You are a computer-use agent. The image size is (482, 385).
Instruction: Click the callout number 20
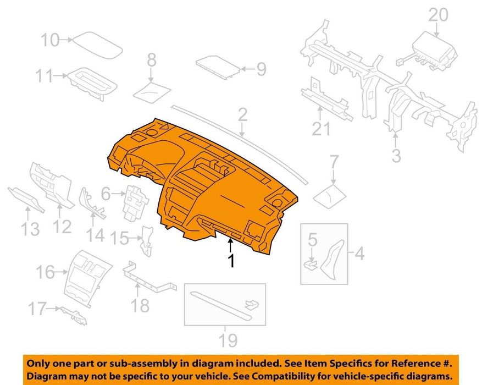pyautogui.click(x=438, y=15)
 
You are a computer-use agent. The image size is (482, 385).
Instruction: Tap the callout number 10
pyautogui.click(x=50, y=40)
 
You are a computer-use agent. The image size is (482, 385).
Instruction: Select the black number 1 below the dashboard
pyautogui.click(x=231, y=261)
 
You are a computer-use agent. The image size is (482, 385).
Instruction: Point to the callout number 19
pyautogui.click(x=228, y=340)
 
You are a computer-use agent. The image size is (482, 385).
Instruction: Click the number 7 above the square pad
pyautogui.click(x=334, y=162)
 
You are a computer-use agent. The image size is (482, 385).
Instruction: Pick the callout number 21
pyautogui.click(x=321, y=129)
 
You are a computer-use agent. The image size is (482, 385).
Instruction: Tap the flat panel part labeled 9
pyautogui.click(x=218, y=67)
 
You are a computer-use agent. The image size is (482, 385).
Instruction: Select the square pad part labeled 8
pyautogui.click(x=152, y=91)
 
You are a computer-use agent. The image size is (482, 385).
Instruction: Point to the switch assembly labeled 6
pyautogui.click(x=135, y=203)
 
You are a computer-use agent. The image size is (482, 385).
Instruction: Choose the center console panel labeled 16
pyautogui.click(x=87, y=278)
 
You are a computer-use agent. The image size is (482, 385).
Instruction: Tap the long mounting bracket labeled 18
pyautogui.click(x=149, y=278)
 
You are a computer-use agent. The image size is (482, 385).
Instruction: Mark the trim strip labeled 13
pyautogui.click(x=26, y=199)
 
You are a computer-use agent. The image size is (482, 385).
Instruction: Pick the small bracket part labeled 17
pyautogui.click(x=73, y=315)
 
